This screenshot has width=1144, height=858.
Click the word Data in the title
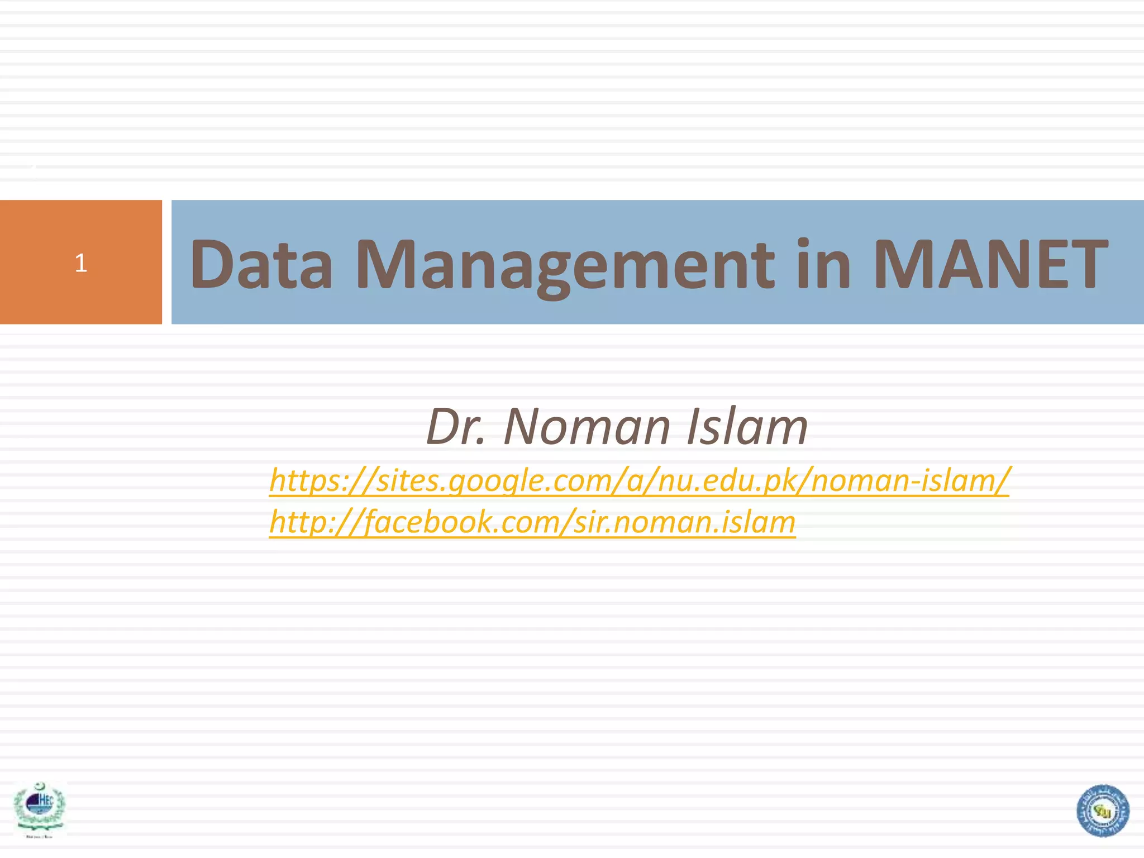[x=261, y=264]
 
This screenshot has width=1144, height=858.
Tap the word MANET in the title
[x=990, y=264]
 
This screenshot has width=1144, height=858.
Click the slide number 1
[x=81, y=263]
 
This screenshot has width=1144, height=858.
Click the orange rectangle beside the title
[x=81, y=290]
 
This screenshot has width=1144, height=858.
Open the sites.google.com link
[x=639, y=480]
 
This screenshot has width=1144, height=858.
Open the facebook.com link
[x=532, y=522]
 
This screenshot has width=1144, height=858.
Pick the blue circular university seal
[x=1103, y=811]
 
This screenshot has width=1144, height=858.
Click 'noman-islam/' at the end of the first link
[x=911, y=480]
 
